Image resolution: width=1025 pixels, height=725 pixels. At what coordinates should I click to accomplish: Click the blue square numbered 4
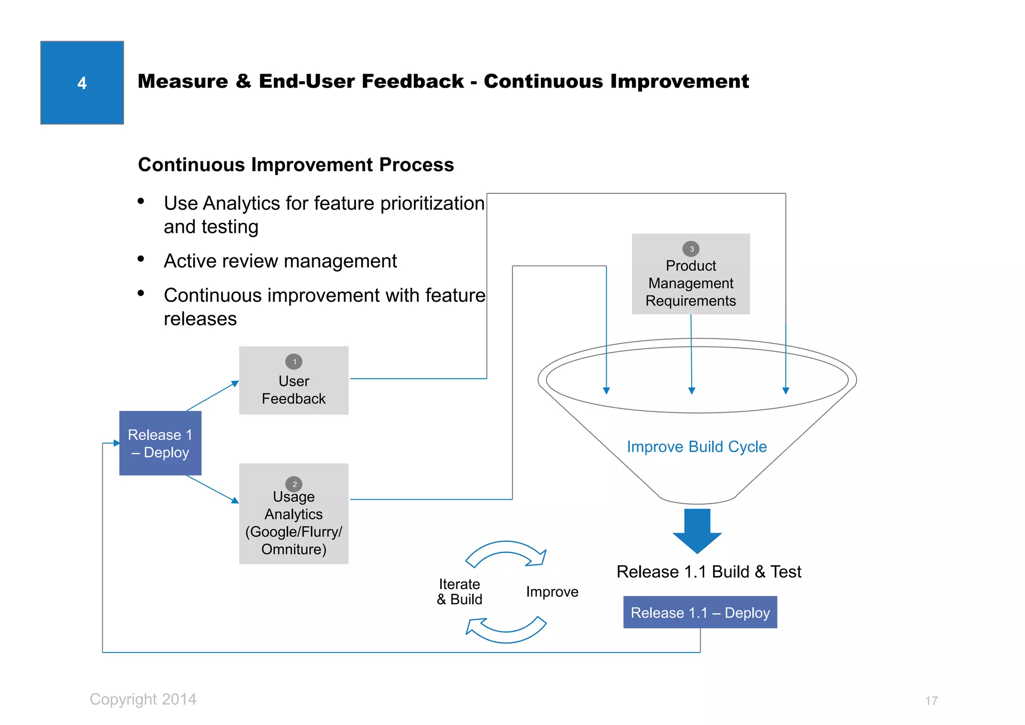click(82, 83)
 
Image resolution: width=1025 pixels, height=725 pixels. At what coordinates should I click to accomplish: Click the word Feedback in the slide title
click(410, 81)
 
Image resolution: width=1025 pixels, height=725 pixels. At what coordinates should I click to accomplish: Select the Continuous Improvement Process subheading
click(296, 165)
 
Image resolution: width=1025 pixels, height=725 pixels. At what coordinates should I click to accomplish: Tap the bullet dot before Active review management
click(141, 259)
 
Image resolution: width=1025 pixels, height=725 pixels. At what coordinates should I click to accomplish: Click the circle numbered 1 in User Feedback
click(294, 361)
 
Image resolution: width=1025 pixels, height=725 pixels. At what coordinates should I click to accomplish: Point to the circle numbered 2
click(294, 484)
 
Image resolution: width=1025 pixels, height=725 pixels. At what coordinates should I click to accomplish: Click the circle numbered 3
click(691, 249)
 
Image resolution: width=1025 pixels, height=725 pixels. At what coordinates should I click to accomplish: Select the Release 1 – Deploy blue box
click(160, 443)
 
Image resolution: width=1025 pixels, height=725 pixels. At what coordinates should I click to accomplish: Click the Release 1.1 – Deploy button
click(700, 612)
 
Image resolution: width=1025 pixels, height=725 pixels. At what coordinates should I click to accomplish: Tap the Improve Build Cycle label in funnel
click(697, 447)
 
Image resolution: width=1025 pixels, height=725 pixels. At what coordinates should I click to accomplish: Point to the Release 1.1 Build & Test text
click(709, 572)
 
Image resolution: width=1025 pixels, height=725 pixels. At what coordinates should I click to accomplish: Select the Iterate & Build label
click(459, 592)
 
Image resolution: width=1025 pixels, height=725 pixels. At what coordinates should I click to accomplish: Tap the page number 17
click(931, 700)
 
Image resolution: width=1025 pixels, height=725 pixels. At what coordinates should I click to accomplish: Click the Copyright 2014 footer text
click(143, 699)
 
